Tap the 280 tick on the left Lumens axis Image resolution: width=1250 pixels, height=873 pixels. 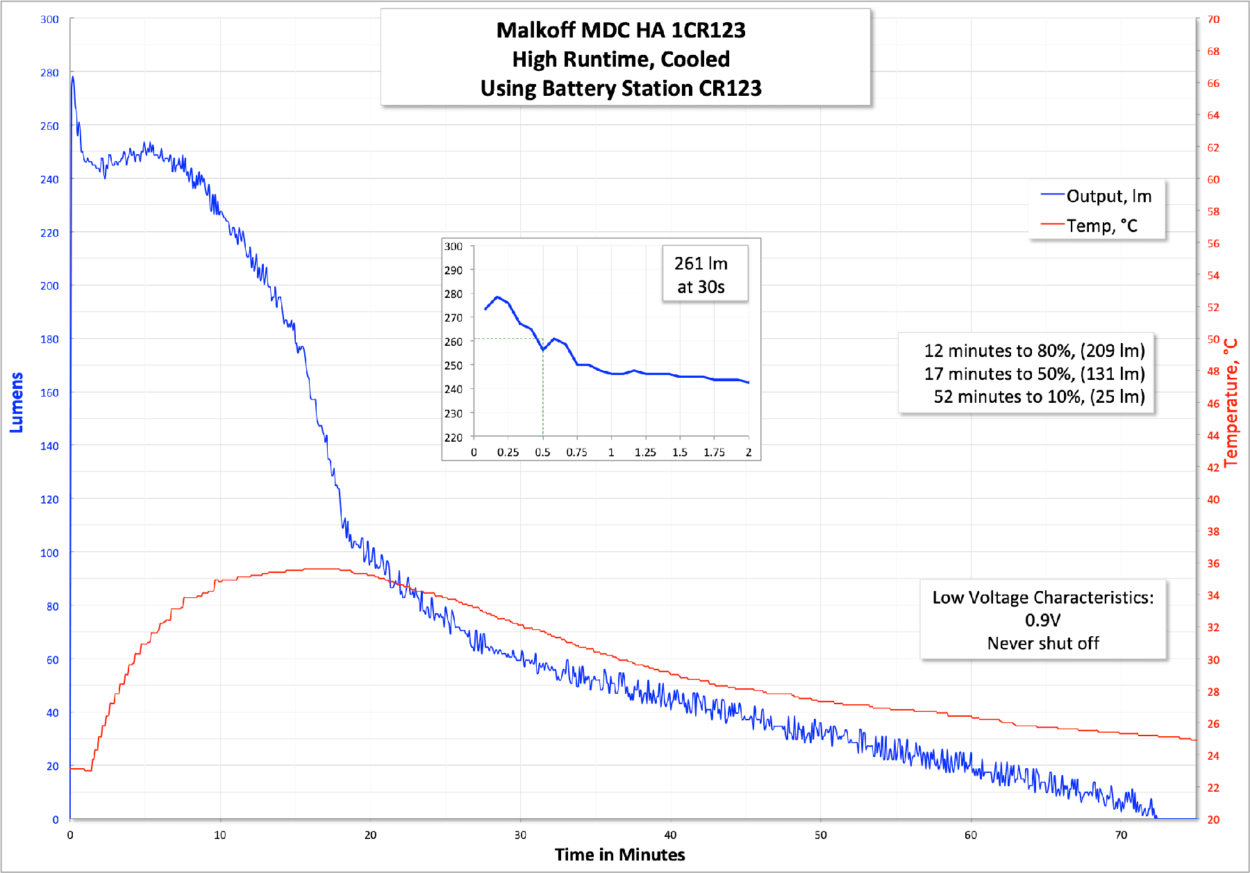49,73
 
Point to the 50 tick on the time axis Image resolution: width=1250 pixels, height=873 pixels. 820,835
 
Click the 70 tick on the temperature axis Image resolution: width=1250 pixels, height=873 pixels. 1213,19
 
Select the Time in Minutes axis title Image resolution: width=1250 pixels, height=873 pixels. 619,855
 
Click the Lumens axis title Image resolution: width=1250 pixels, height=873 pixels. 17,403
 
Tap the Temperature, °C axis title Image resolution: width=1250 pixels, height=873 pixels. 1231,403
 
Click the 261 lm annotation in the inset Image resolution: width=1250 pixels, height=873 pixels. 701,264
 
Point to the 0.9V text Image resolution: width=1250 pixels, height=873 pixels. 1042,620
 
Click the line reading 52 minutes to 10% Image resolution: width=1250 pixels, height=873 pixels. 1039,397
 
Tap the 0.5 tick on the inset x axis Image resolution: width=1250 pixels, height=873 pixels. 542,452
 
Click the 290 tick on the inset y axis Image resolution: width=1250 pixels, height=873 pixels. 453,270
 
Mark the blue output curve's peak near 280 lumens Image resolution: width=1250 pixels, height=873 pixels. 72,77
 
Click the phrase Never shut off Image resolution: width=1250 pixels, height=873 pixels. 1042,644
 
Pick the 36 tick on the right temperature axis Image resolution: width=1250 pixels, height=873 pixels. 1213,563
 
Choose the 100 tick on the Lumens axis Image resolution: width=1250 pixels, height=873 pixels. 49,553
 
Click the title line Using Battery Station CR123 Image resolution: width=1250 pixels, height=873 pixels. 621,89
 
